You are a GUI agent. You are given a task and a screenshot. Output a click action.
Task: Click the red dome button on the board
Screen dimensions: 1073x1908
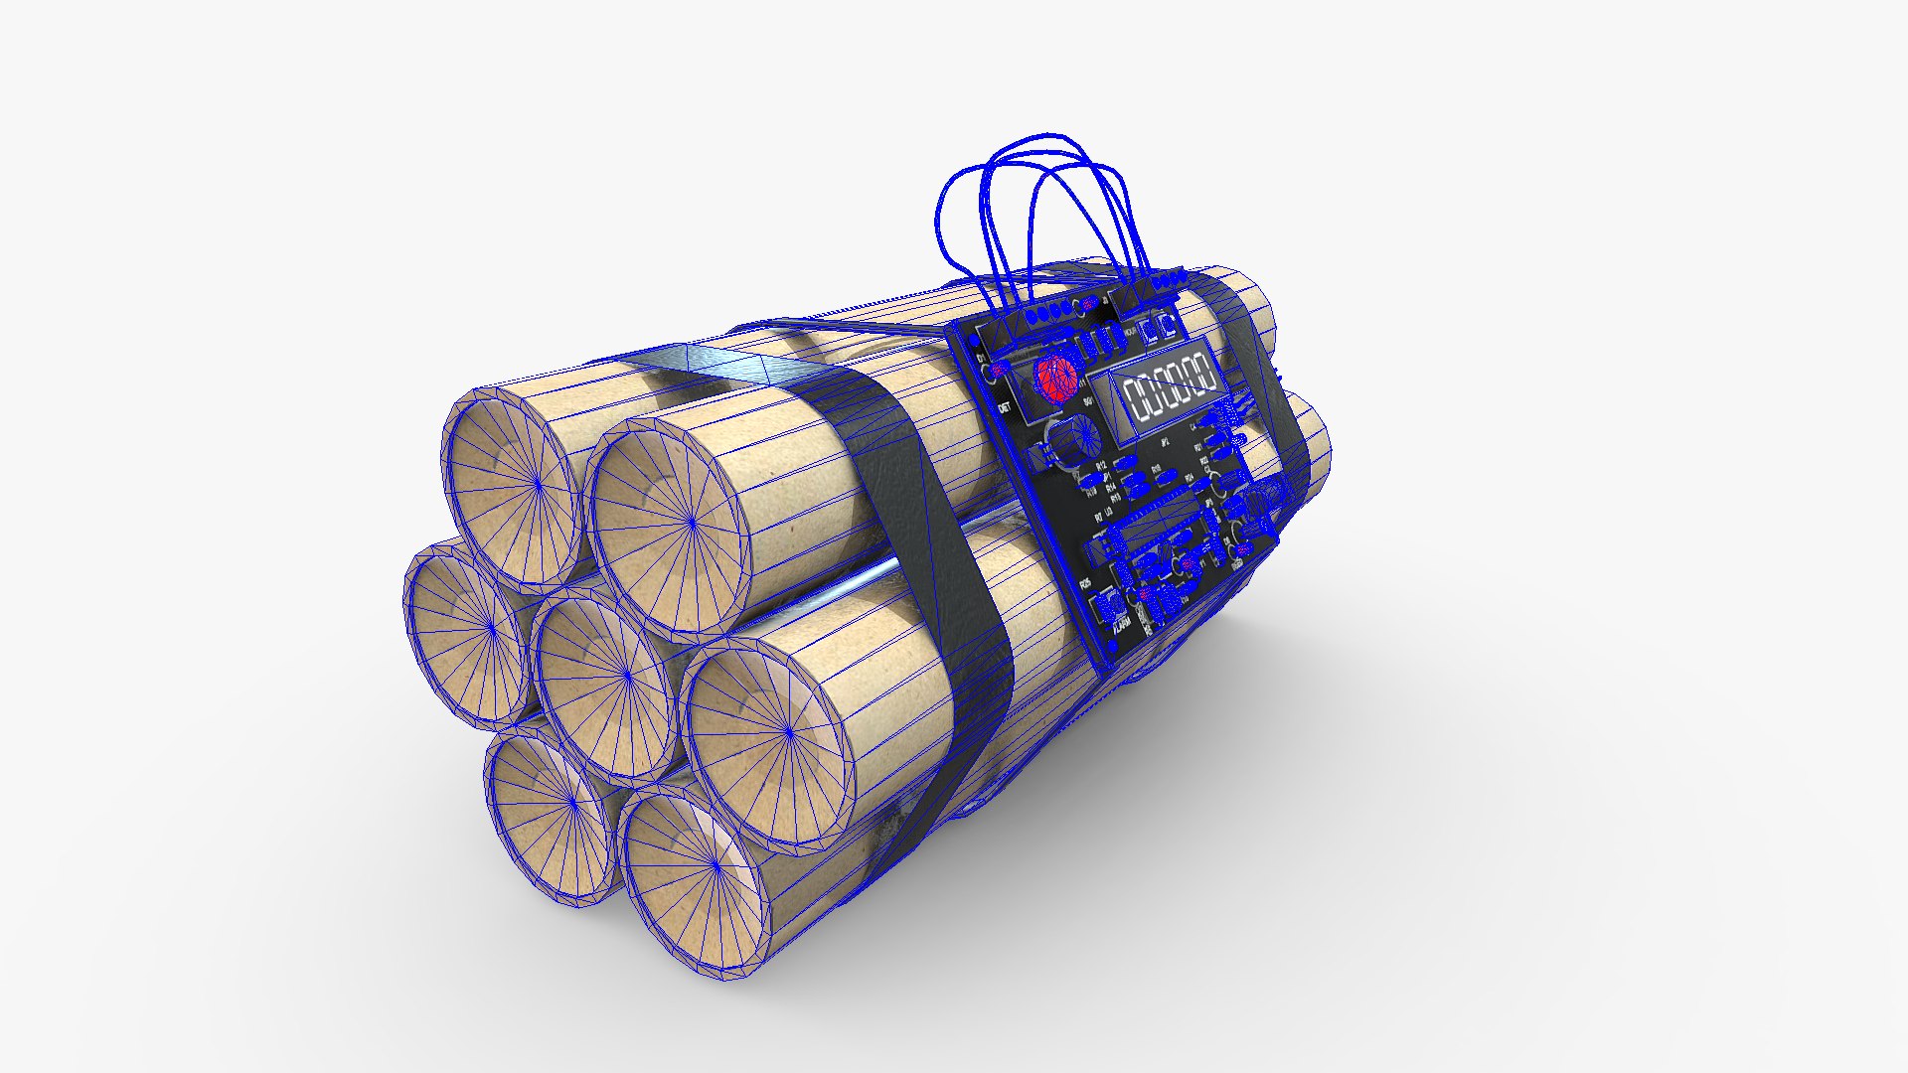pyautogui.click(x=1054, y=379)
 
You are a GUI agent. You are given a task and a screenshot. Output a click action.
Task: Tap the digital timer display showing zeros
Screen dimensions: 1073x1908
pyautogui.click(x=1171, y=388)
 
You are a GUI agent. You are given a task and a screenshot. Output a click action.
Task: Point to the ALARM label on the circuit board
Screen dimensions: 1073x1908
pyautogui.click(x=1122, y=624)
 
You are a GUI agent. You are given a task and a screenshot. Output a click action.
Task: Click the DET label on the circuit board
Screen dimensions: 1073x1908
pyautogui.click(x=1005, y=407)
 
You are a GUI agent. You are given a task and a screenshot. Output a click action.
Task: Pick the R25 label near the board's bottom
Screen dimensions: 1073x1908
pyautogui.click(x=1085, y=583)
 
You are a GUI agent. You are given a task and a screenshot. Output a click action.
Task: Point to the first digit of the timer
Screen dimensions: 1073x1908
pyautogui.click(x=1137, y=399)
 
